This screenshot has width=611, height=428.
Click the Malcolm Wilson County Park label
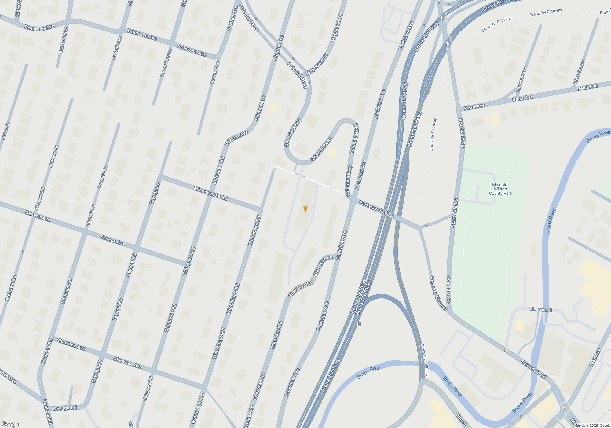500,189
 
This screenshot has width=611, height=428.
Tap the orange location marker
305,208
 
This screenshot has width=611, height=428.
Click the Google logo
10,424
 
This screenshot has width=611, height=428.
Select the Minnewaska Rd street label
210,193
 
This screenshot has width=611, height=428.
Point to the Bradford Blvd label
63,40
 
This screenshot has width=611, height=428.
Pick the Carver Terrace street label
166,63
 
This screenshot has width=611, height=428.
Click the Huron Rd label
5,131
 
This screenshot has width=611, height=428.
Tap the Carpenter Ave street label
522,80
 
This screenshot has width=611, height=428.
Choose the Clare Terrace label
579,72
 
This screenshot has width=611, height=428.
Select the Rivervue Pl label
541,309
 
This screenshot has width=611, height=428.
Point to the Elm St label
461,419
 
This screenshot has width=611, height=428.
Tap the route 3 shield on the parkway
360,324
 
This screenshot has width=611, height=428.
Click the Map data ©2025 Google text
592,426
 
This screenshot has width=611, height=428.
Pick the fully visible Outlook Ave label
117,48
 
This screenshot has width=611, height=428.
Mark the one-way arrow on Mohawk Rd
22,251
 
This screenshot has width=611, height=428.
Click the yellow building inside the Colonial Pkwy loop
331,153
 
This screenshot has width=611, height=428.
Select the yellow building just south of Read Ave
494,120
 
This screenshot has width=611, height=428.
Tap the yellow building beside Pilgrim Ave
273,109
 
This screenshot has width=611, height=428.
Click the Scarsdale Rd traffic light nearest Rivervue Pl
506,350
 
